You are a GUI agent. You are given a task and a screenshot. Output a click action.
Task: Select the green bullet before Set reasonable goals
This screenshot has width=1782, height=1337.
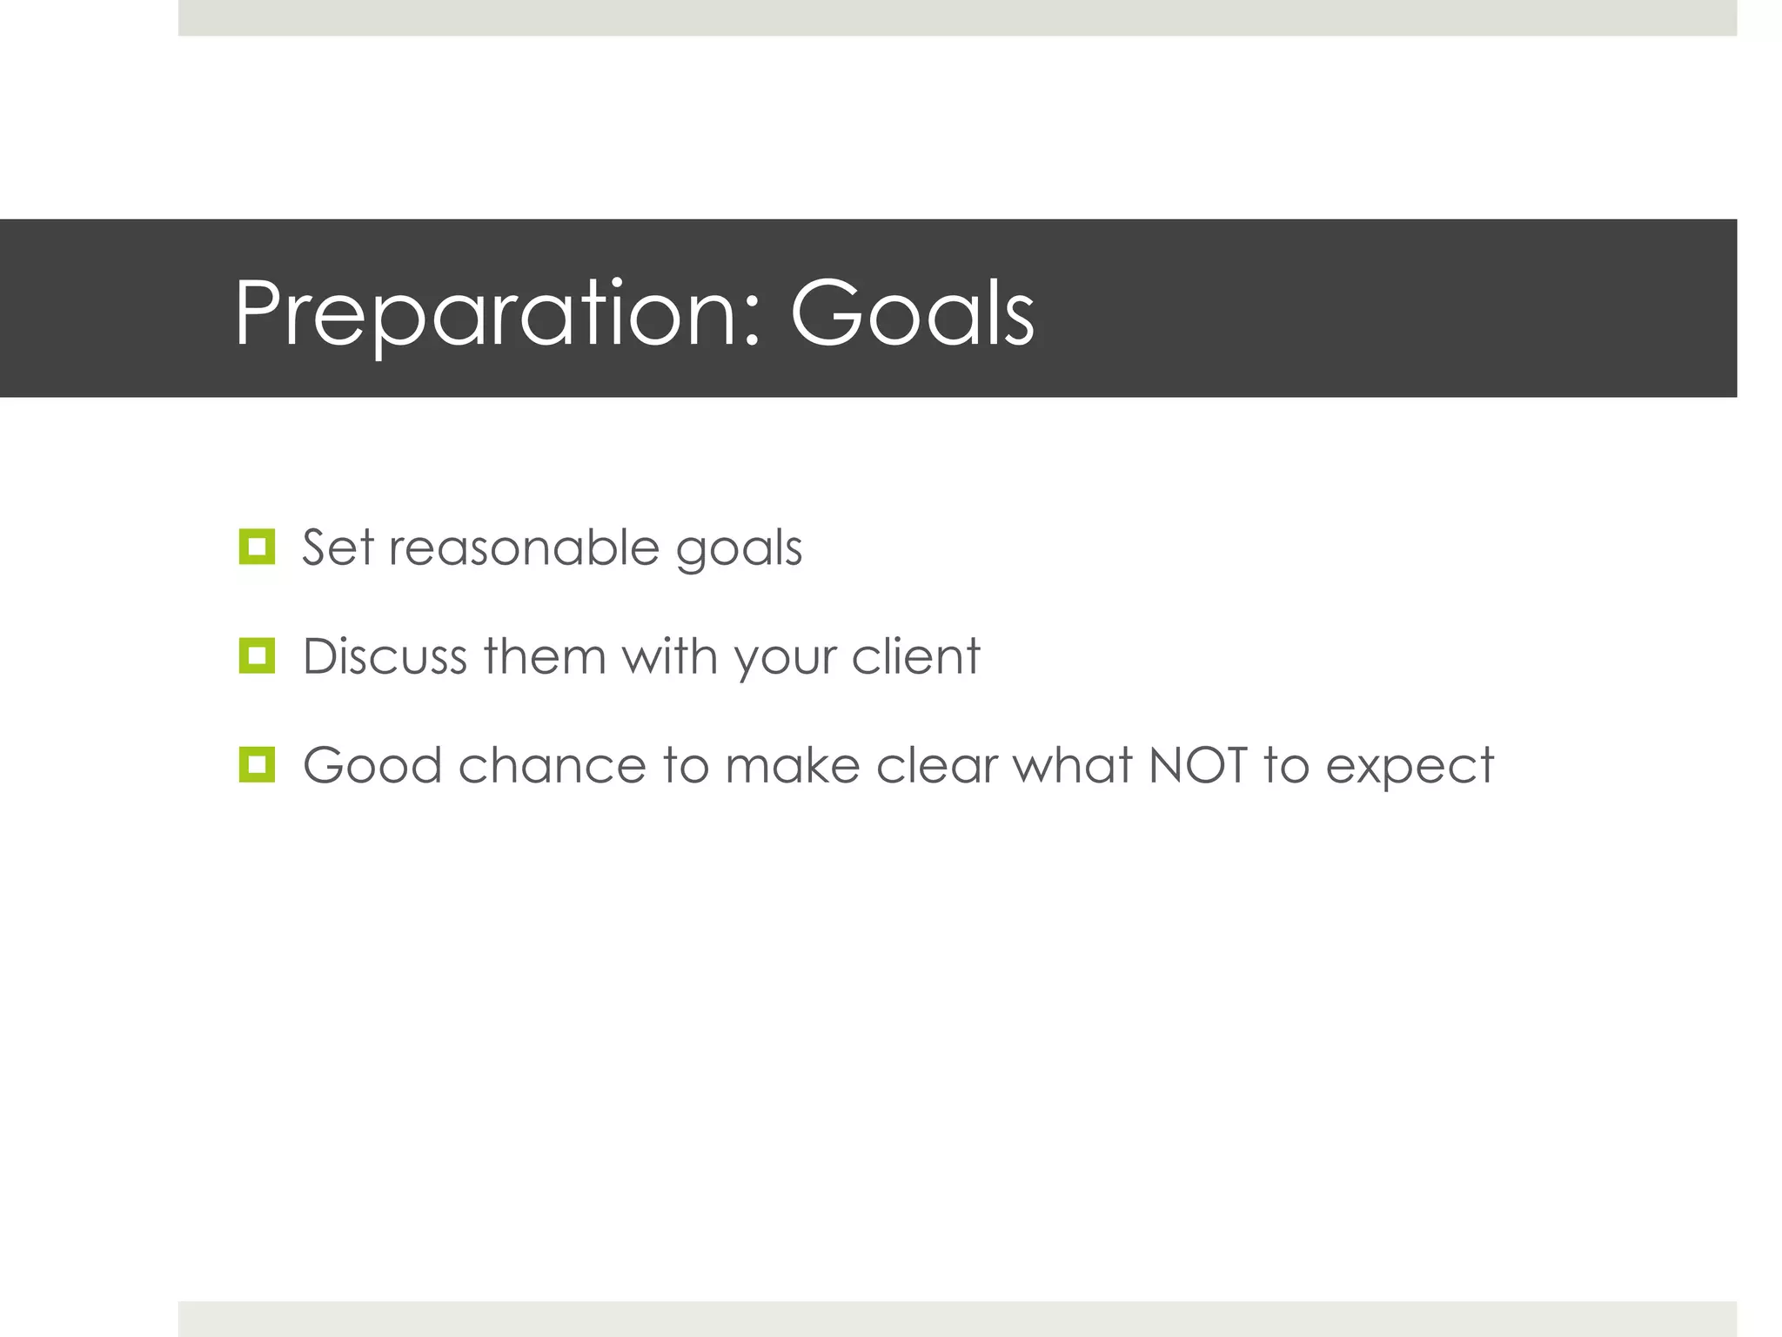pos(257,547)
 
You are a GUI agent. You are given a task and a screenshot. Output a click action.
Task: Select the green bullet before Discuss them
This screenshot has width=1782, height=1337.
pos(257,655)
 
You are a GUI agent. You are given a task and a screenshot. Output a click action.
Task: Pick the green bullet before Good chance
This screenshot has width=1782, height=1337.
pos(257,764)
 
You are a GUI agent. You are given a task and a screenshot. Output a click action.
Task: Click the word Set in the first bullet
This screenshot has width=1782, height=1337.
pos(338,548)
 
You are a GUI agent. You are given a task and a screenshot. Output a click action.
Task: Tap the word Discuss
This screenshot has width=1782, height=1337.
pos(385,656)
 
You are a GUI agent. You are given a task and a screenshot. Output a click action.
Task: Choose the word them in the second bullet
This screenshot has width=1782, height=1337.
pos(545,656)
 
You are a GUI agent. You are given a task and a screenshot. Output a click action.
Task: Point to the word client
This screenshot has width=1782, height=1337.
pos(915,656)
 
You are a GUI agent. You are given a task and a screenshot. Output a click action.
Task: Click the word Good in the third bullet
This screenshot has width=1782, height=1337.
pos(372,766)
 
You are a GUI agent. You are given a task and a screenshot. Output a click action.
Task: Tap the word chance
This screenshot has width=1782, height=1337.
pos(552,766)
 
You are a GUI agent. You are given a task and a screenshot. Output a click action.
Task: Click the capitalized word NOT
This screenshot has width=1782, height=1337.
pos(1198,766)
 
